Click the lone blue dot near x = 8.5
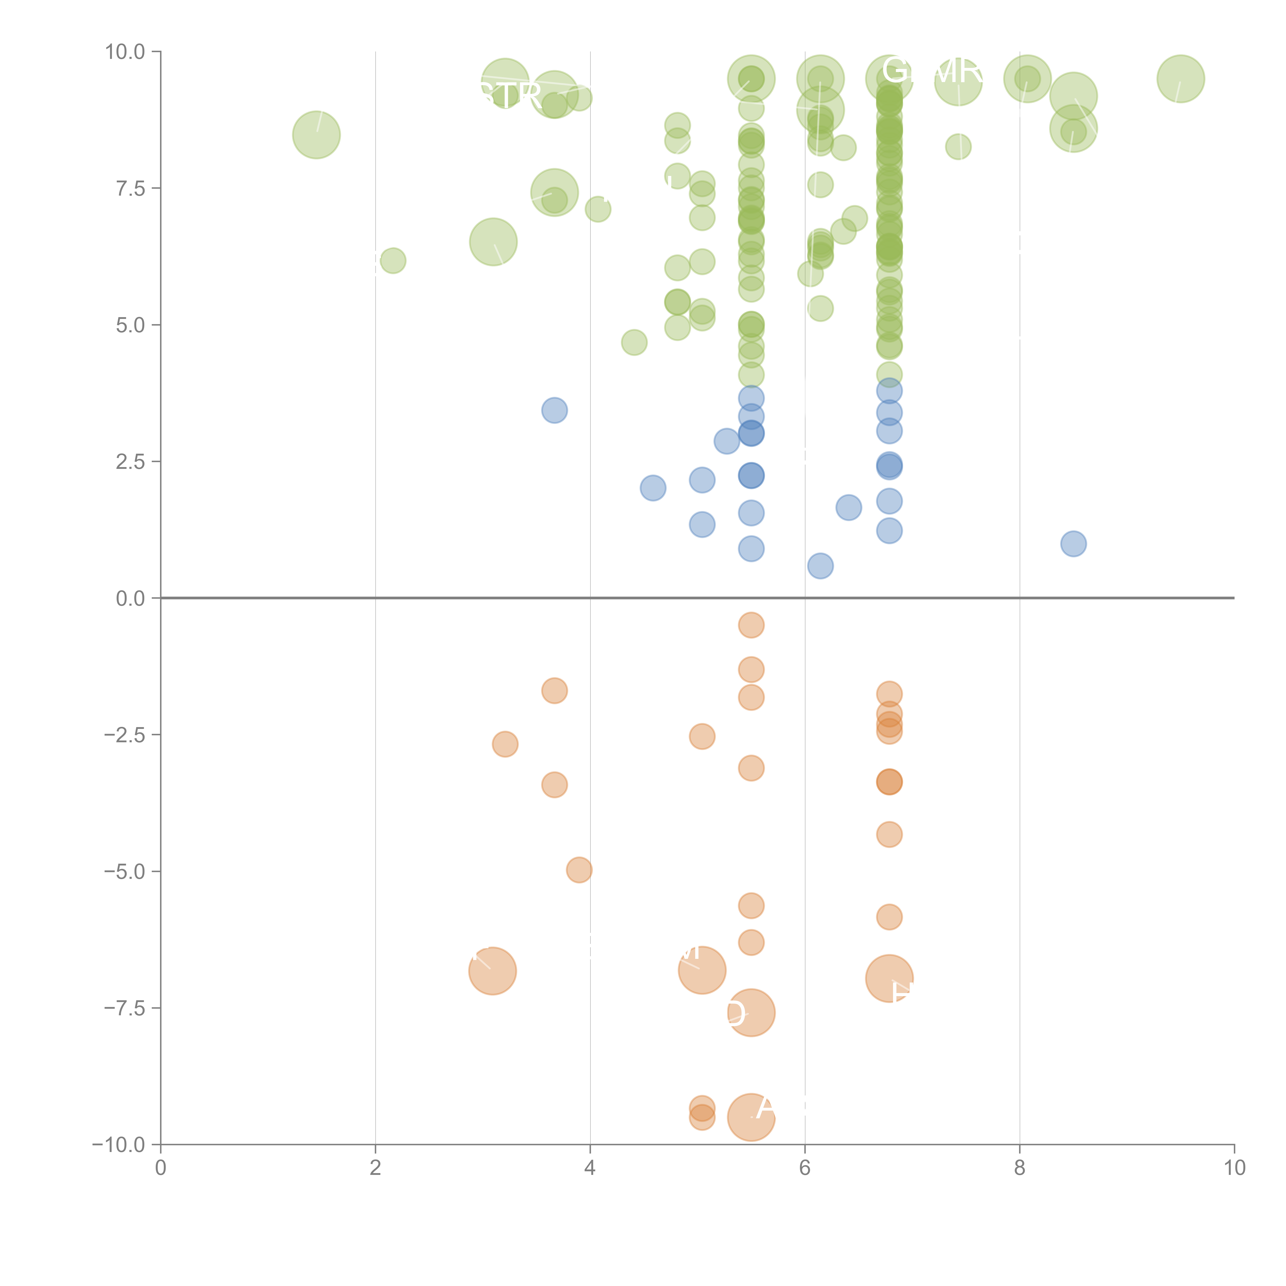tap(1073, 544)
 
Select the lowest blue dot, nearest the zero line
tap(820, 566)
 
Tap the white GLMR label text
tap(932, 70)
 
